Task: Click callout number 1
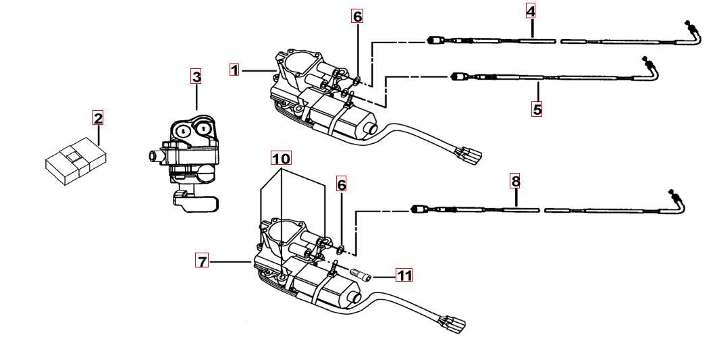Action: point(234,70)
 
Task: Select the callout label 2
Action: point(98,119)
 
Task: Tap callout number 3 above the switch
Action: point(196,76)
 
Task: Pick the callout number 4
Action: point(531,11)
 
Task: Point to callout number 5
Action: point(537,109)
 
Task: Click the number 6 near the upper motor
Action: point(357,16)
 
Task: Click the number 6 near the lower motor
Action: point(342,184)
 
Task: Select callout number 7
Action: point(202,261)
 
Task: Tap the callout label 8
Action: point(516,181)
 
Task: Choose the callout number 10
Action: point(281,159)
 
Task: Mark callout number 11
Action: point(404,276)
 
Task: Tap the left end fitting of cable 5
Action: point(457,76)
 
